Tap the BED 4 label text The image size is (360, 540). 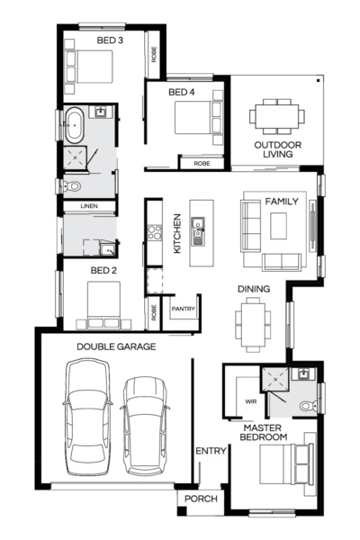pos(182,92)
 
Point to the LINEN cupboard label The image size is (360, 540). pos(88,206)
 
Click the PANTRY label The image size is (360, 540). pos(184,307)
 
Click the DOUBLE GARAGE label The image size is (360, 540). pos(116,346)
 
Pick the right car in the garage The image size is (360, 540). pos(144,425)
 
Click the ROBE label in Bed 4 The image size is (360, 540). pos(202,164)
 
